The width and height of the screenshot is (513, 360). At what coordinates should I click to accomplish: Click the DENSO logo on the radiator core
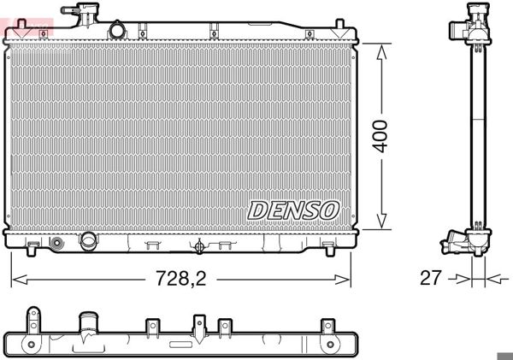[294, 210]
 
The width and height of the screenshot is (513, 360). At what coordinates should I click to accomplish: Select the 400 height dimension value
[381, 135]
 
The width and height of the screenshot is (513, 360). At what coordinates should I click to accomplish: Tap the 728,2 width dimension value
[180, 277]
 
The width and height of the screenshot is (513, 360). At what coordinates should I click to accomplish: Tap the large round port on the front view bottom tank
[89, 241]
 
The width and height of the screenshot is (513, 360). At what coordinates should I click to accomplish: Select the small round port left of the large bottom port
[57, 243]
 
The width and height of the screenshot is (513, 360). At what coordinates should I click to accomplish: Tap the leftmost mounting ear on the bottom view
[33, 322]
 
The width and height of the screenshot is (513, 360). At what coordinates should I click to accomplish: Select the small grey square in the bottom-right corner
[504, 355]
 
